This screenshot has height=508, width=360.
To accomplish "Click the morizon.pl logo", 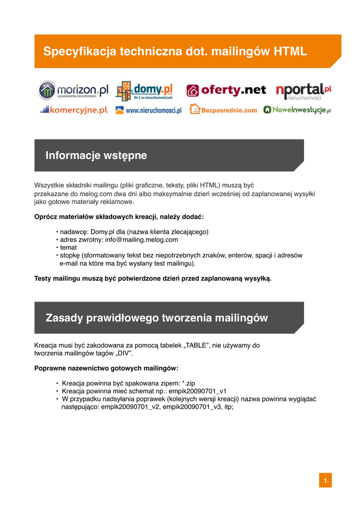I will [73, 90].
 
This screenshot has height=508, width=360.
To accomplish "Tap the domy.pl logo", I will [144, 91].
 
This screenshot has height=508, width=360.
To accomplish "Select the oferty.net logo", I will [226, 90].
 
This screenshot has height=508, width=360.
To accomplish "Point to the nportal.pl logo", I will [303, 90].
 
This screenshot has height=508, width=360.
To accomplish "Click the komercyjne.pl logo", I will [73, 110].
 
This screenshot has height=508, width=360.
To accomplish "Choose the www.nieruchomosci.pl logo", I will [148, 110].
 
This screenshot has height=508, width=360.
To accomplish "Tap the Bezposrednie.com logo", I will [223, 110].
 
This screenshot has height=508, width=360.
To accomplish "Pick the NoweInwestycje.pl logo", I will [297, 110].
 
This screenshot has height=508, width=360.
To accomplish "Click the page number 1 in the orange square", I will [325, 481].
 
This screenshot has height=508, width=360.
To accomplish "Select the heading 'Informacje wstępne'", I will [96, 155].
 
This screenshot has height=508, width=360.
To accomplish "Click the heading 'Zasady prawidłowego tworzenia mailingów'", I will [156, 318].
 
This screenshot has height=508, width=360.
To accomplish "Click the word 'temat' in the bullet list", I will [69, 247].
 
